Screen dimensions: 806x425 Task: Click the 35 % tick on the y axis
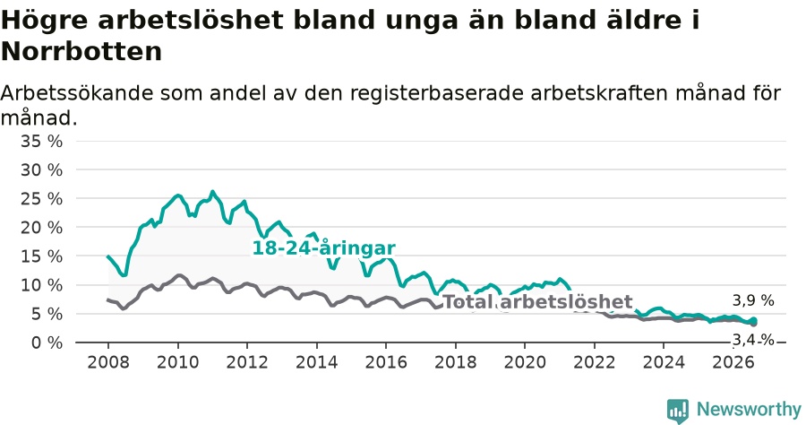pyautogui.click(x=41, y=141)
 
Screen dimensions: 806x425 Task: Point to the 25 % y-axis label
pyautogui.click(x=41, y=199)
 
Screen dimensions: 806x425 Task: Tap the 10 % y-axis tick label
pyautogui.click(x=41, y=285)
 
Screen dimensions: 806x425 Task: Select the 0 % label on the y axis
pyautogui.click(x=47, y=343)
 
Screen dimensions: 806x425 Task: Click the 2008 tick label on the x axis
pyautogui.click(x=108, y=362)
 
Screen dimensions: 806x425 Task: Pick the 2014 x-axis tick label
pyautogui.click(x=316, y=362)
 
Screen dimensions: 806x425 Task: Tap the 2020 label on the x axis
pyautogui.click(x=525, y=362)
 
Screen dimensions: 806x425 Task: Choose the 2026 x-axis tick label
pyautogui.click(x=733, y=362)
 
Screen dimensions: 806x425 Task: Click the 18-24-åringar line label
pyautogui.click(x=324, y=248)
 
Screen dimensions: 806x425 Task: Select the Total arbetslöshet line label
pyautogui.click(x=537, y=302)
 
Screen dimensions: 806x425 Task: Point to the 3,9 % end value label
pyautogui.click(x=753, y=300)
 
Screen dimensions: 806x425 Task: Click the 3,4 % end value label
pyautogui.click(x=753, y=340)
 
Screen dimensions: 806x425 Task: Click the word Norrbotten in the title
pyautogui.click(x=81, y=51)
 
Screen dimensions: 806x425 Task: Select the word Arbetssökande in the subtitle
pyautogui.click(x=77, y=93)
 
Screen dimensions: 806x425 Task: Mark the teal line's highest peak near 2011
pyautogui.click(x=212, y=192)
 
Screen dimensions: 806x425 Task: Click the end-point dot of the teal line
pyautogui.click(x=753, y=320)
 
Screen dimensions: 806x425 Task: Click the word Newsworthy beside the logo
pyautogui.click(x=749, y=410)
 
